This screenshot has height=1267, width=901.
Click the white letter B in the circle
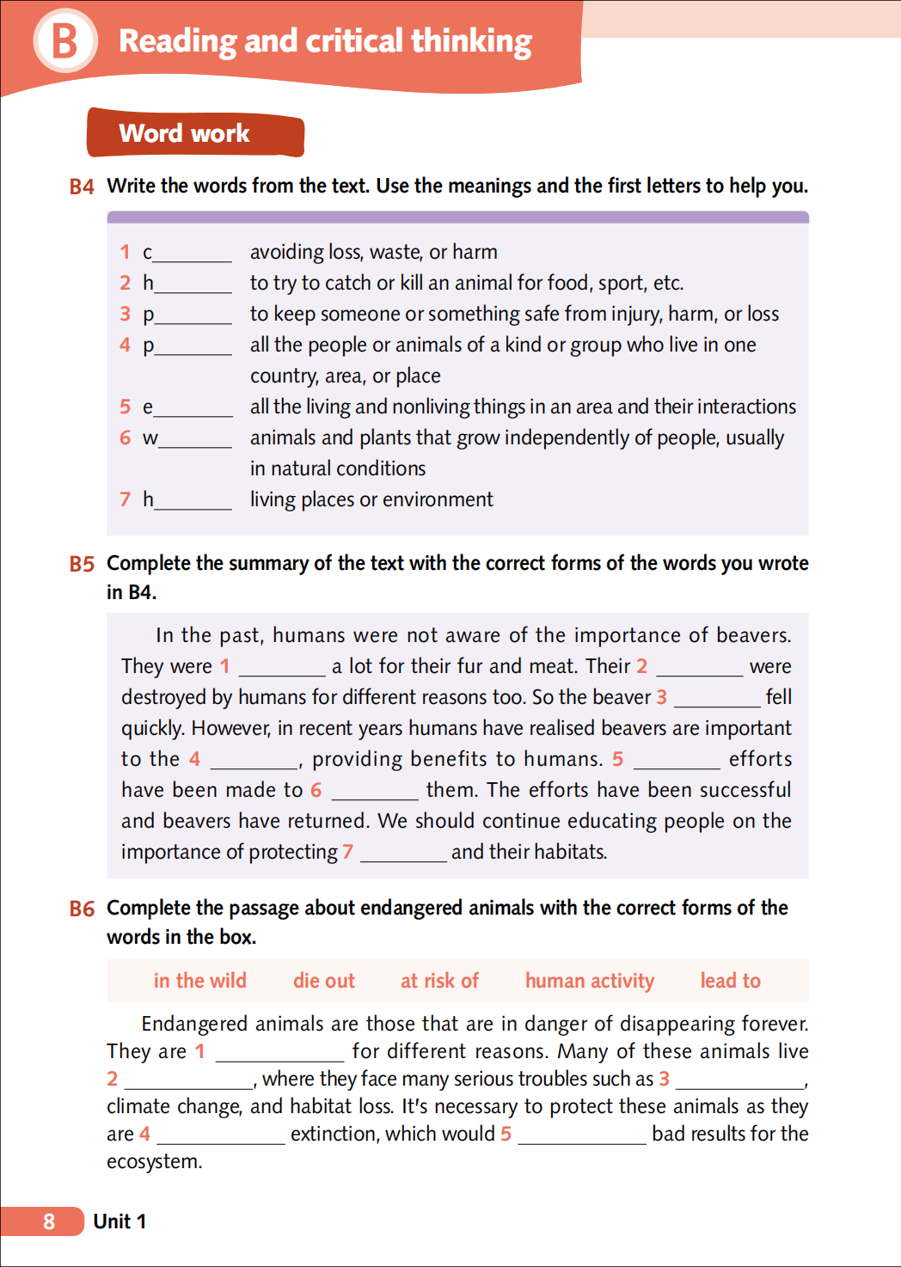click(64, 40)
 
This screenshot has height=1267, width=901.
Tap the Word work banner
click(195, 133)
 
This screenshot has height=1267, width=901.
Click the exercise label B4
click(82, 187)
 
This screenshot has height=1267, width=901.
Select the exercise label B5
click(82, 564)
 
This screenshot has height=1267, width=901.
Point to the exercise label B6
click(82, 909)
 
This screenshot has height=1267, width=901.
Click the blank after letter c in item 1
click(192, 255)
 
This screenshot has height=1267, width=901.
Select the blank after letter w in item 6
click(195, 441)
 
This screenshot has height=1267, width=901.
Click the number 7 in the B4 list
click(126, 499)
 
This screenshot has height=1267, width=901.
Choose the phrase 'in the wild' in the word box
click(199, 981)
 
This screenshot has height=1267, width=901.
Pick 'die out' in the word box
click(324, 981)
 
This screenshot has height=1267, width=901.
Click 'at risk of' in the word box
click(439, 981)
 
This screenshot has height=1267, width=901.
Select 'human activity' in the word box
click(590, 981)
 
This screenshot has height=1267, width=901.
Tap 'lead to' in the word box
click(730, 981)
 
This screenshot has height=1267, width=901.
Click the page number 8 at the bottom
click(49, 1221)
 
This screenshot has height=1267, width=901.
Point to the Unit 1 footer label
click(120, 1221)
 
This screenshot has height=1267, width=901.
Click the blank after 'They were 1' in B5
click(282, 670)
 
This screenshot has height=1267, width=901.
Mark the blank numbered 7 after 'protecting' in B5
click(403, 855)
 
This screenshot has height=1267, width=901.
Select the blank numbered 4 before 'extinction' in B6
click(221, 1137)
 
